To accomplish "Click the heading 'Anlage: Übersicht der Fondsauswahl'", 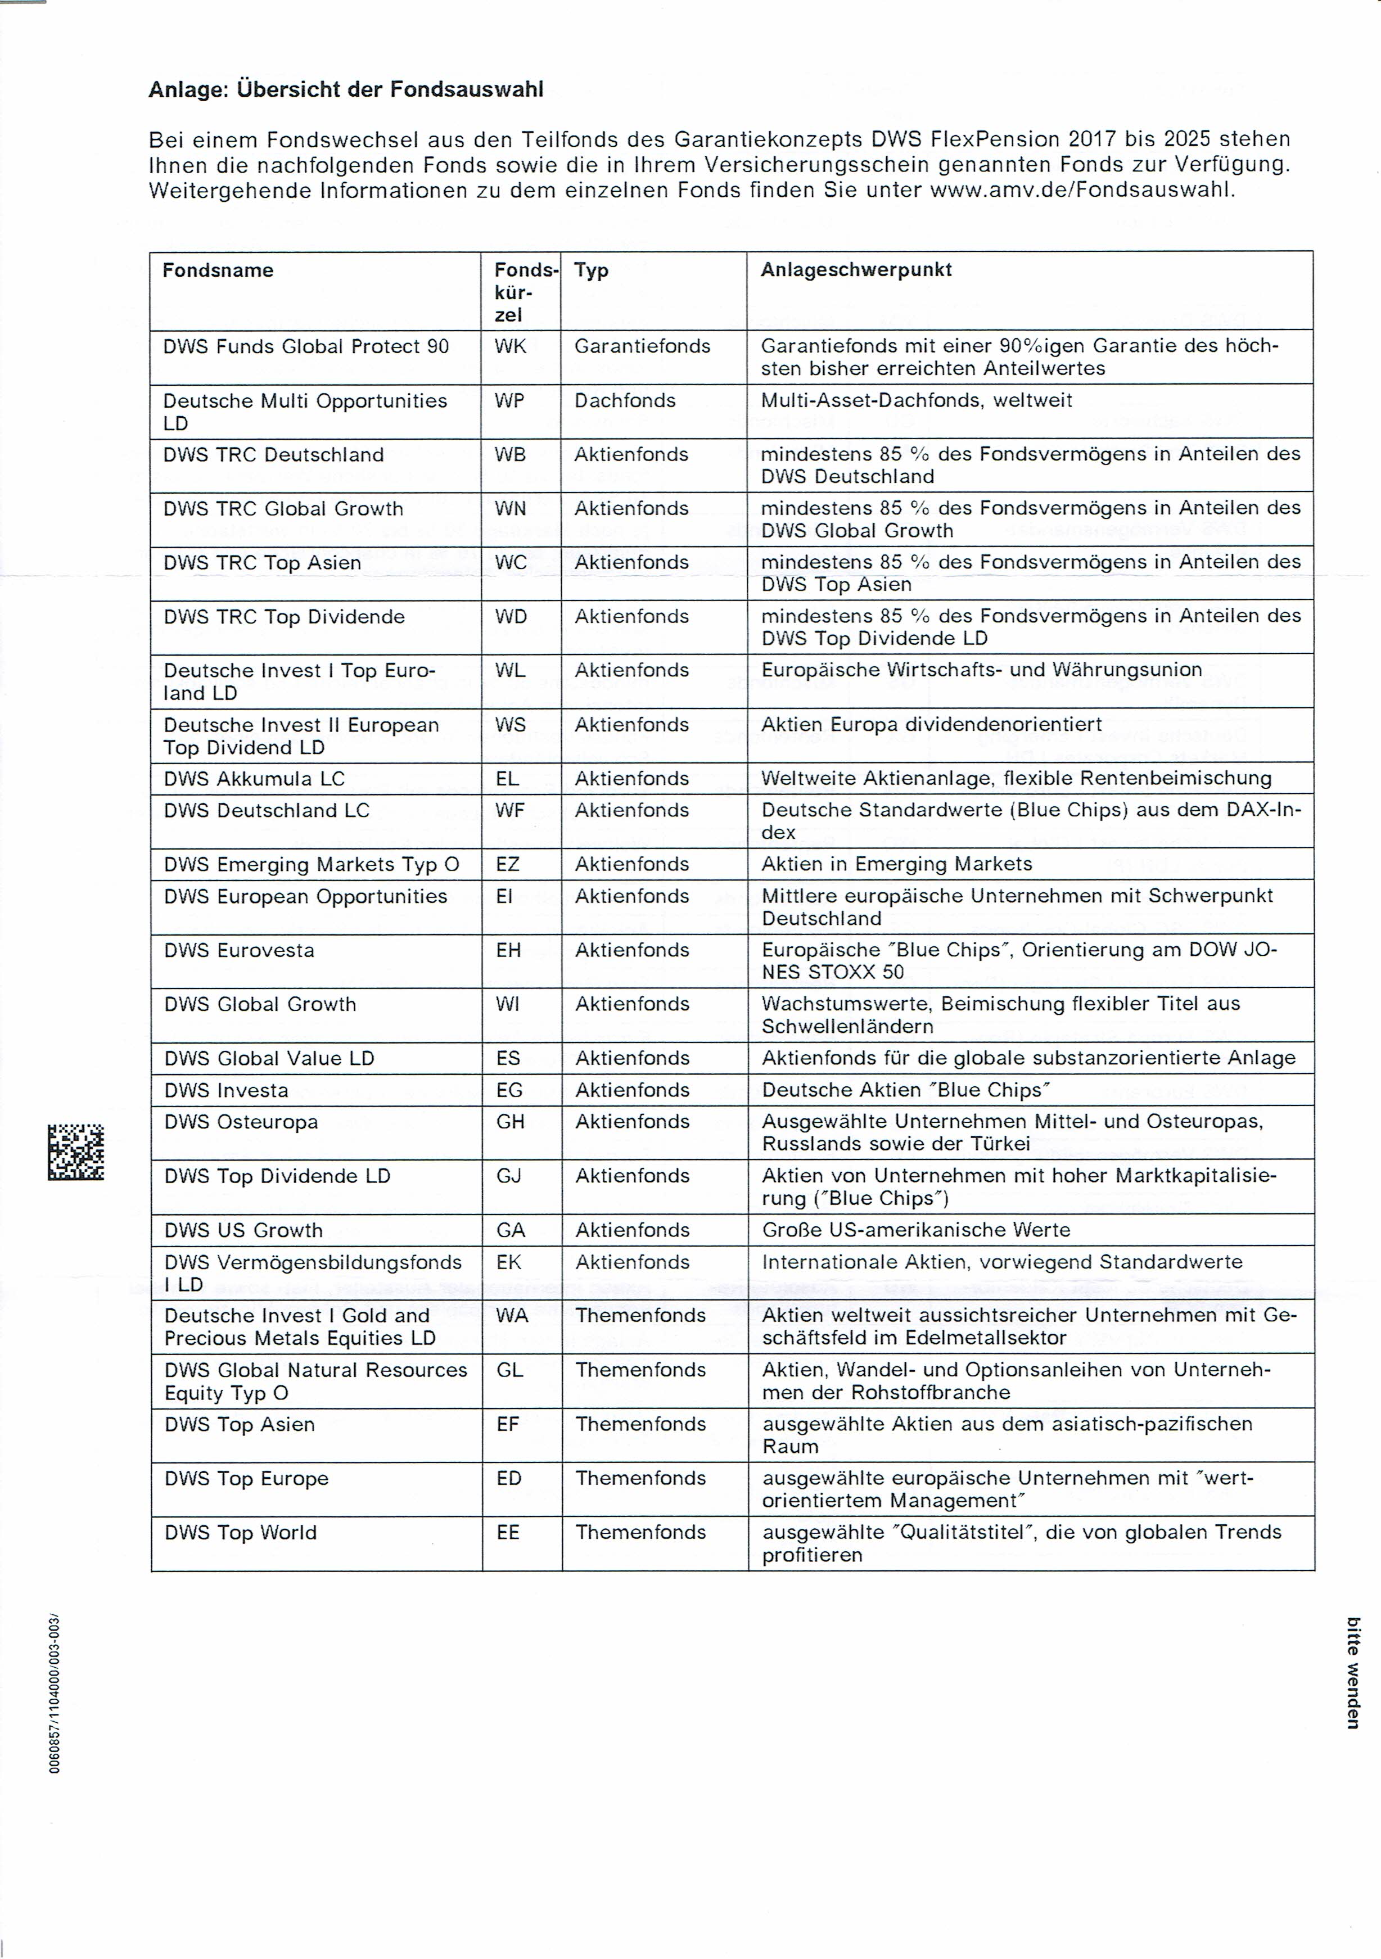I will (x=345, y=89).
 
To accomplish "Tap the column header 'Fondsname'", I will (x=218, y=270).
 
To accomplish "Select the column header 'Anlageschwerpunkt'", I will (x=856, y=270).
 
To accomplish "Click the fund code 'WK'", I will (x=510, y=346).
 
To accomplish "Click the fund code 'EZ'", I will (x=508, y=864).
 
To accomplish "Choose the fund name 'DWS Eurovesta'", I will (x=239, y=950).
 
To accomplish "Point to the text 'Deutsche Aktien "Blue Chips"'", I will (x=906, y=1090).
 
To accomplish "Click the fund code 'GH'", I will (x=510, y=1122).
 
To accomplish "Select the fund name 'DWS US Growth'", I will (x=243, y=1230).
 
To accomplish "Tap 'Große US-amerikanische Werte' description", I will (x=915, y=1230).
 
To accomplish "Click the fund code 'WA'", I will (x=512, y=1316).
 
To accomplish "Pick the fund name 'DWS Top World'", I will (x=241, y=1533).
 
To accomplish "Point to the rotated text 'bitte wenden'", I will (x=1353, y=1672).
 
